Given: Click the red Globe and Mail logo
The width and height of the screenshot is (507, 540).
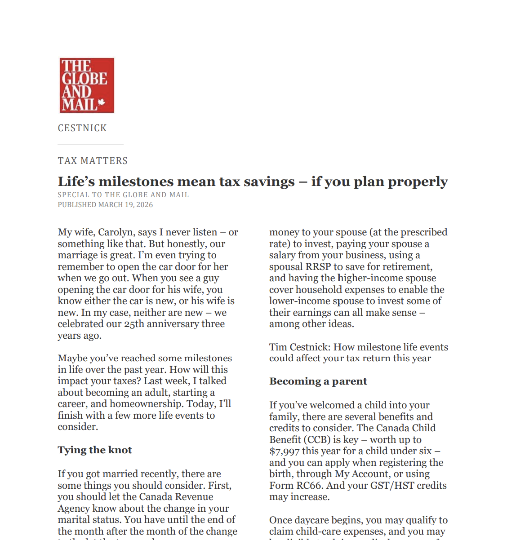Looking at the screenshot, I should [x=87, y=85].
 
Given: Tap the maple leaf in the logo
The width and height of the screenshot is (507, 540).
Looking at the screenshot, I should [x=102, y=102].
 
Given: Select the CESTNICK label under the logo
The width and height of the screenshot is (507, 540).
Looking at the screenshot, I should [x=82, y=128].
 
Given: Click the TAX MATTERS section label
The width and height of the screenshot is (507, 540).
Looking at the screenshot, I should [x=93, y=161].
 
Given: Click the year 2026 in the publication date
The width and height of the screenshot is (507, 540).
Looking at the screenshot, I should [x=144, y=205].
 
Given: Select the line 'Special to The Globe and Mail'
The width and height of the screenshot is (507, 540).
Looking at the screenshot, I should [x=123, y=195].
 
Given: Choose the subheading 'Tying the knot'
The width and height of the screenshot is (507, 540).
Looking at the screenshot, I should [x=95, y=450].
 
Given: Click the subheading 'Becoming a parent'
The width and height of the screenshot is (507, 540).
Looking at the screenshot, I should [x=318, y=381].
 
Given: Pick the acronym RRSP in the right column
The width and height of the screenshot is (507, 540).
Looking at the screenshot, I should [x=318, y=267].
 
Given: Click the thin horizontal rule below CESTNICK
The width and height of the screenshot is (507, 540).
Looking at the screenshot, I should [x=90, y=144].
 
